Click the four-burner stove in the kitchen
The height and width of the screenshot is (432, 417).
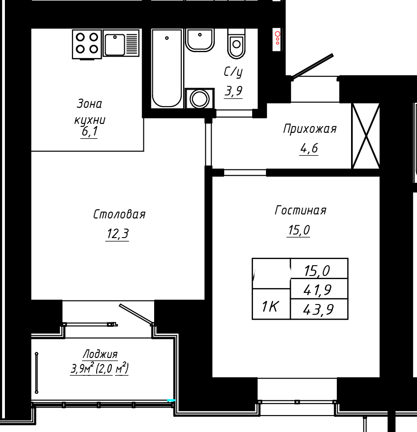[x=87, y=44]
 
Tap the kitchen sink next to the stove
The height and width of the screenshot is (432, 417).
[x=121, y=43]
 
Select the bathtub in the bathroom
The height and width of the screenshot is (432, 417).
[x=167, y=68]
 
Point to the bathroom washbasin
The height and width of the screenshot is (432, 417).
[x=200, y=40]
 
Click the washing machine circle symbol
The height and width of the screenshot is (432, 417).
[x=200, y=99]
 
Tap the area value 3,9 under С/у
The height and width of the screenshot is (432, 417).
[x=233, y=91]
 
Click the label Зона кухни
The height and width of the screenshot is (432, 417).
[x=90, y=111]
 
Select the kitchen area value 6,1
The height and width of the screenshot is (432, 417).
[x=89, y=132]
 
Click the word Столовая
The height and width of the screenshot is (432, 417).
[x=119, y=214]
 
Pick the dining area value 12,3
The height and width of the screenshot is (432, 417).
[x=117, y=234]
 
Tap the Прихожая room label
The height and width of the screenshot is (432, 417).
[x=310, y=129]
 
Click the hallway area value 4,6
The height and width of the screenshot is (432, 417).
[x=309, y=149]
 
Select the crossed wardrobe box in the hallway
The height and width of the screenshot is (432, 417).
[x=366, y=136]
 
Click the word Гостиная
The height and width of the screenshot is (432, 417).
[x=300, y=210]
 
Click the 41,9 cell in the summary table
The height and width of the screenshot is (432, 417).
[x=319, y=289]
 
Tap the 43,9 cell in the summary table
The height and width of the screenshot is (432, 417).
[x=319, y=309]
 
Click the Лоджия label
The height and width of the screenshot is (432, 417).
[x=100, y=354]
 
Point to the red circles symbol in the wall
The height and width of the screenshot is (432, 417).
[x=278, y=38]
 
